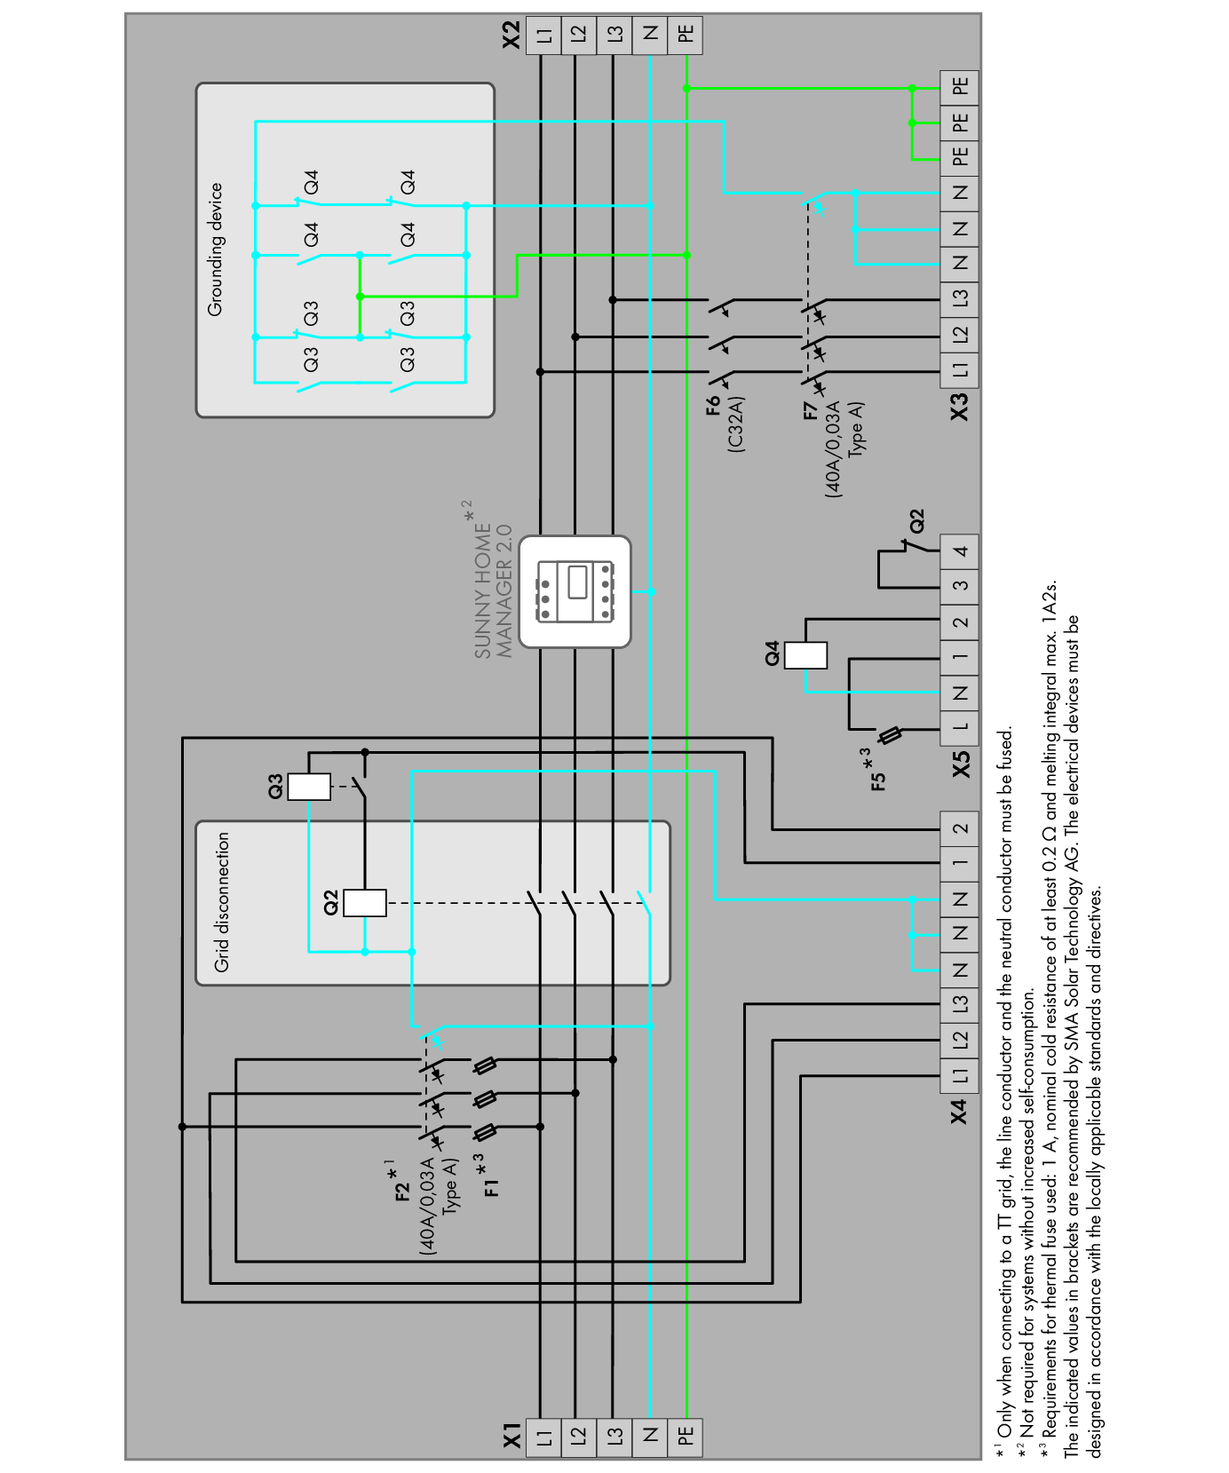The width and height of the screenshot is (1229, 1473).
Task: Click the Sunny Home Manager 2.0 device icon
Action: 575,591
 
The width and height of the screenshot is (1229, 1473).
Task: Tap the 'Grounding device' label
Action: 216,249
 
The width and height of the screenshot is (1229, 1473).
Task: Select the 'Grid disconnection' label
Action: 222,901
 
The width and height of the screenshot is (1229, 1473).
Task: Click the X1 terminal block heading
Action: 513,1436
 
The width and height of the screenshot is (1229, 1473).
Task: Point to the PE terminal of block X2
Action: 686,35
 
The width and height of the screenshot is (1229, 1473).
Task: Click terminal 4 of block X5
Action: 960,551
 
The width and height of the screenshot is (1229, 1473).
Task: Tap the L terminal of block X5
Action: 960,727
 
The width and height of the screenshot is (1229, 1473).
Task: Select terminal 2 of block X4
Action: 960,829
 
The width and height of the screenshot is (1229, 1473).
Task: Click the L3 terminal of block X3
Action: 960,298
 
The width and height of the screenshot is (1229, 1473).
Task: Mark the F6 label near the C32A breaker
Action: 714,406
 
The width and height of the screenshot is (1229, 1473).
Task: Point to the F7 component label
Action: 810,410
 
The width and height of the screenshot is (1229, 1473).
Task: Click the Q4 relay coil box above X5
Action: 805,655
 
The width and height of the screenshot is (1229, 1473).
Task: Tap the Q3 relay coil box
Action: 309,787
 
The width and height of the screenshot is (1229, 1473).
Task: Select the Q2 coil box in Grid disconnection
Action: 365,903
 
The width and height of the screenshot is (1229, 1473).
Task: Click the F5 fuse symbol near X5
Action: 891,735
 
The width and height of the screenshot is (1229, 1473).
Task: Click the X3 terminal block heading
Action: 960,408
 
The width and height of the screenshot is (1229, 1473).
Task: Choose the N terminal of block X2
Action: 651,35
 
